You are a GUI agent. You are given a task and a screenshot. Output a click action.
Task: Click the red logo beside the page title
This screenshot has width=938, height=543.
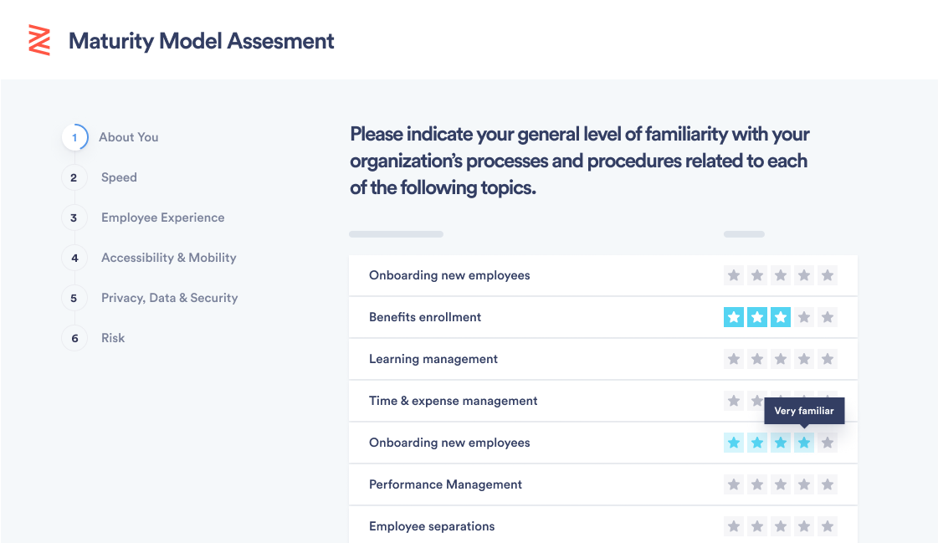[x=39, y=41]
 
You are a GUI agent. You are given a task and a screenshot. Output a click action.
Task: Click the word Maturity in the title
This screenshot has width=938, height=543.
[x=111, y=41]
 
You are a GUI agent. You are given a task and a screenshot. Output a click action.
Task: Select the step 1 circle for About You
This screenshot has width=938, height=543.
[x=74, y=137]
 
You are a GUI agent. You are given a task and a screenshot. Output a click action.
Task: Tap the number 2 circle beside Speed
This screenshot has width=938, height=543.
[x=74, y=177]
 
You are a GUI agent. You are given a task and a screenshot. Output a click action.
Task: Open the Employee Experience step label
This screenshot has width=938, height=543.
[x=162, y=218]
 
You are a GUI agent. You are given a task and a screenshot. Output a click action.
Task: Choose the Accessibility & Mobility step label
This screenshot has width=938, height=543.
[x=169, y=258]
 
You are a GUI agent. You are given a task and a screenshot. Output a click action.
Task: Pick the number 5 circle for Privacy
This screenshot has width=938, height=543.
[x=74, y=298]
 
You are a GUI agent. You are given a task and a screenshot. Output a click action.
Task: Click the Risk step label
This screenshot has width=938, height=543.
[x=113, y=338]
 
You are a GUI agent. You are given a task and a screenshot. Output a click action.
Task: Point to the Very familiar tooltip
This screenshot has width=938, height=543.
[x=804, y=411]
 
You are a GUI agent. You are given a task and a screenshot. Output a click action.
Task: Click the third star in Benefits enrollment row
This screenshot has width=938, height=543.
[x=781, y=317]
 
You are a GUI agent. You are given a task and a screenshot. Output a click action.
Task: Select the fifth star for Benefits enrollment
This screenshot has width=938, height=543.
[x=828, y=317]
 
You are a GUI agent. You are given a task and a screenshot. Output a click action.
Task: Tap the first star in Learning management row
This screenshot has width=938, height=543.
[x=733, y=359]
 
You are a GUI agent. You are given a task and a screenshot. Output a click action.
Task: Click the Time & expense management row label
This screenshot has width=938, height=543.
[x=453, y=401]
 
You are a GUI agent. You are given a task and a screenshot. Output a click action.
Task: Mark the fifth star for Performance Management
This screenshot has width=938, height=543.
[x=828, y=484]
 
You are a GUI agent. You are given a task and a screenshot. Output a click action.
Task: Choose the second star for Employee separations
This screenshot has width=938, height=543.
[x=756, y=526]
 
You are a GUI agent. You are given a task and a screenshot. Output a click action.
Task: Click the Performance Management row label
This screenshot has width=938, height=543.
[x=445, y=484]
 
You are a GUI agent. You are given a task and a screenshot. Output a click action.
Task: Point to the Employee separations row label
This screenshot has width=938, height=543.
[x=432, y=526]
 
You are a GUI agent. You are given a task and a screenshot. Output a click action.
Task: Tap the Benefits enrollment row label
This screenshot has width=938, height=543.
[x=425, y=317]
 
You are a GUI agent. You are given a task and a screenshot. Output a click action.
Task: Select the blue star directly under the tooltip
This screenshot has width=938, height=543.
[x=804, y=443]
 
